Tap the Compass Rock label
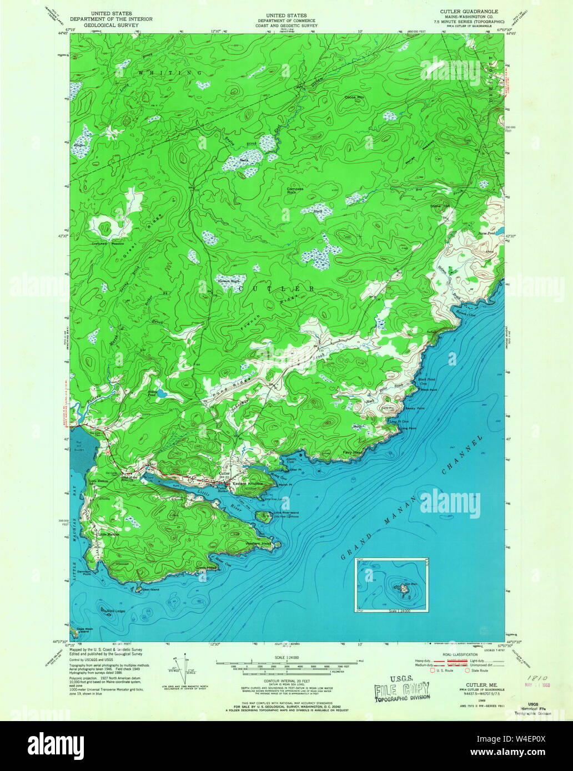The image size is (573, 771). coord(295,190)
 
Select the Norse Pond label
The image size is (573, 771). coord(495,234)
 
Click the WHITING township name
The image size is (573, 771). coord(163,73)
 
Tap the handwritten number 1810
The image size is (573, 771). coord(525,678)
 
